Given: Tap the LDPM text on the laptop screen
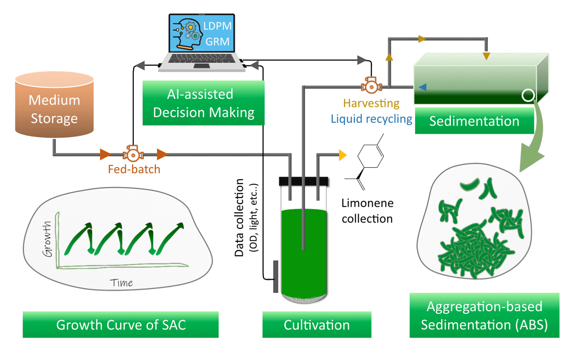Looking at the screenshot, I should click(217, 26).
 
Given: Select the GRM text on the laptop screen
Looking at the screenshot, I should click(217, 41).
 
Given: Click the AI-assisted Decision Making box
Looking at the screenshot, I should click(203, 103).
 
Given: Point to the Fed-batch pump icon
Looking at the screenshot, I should click(133, 153).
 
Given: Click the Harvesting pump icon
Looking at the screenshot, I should click(371, 85).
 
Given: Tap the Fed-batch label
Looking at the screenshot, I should click(134, 169).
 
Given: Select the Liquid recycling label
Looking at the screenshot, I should click(371, 119).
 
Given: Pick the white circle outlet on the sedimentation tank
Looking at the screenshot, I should click(528, 95).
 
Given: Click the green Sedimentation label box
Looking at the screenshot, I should click(474, 121).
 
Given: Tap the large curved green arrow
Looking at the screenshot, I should click(534, 142).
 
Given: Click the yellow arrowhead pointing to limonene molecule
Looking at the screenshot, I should click(343, 155).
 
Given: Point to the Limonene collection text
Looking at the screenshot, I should click(367, 211).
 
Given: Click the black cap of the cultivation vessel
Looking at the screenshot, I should click(304, 181).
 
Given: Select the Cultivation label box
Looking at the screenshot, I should click(317, 325).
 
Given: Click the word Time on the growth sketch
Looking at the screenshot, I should click(121, 283).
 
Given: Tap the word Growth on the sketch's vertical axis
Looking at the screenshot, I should click(47, 239).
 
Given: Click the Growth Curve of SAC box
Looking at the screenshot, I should click(120, 325).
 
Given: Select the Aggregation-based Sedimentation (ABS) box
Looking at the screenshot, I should click(484, 315).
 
